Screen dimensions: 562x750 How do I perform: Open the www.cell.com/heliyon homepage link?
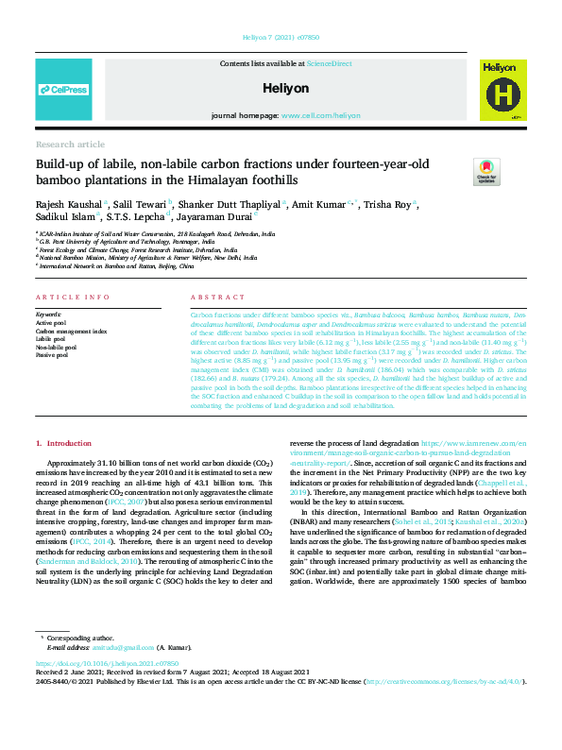[320, 115]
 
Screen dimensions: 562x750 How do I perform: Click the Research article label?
[70, 144]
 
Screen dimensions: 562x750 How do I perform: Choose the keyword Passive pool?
[53, 355]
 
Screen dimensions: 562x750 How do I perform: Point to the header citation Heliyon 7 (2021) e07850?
[281, 37]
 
